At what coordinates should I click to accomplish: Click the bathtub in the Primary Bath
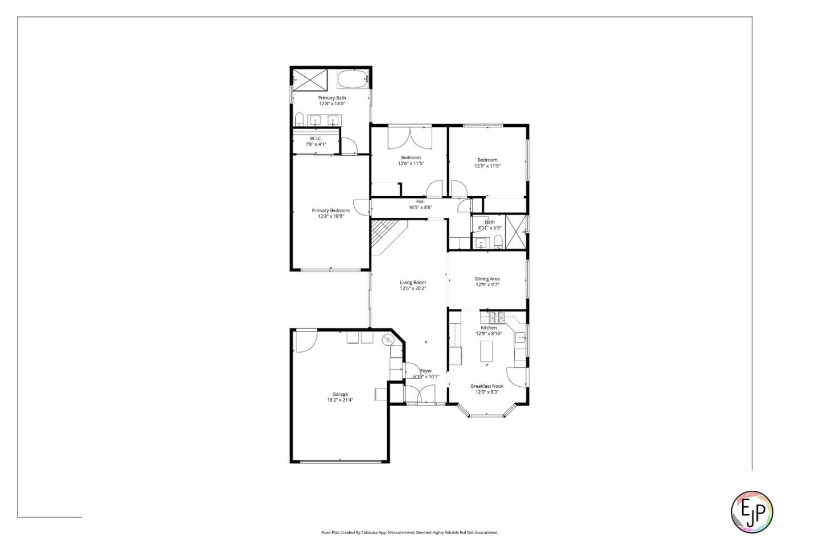[x=353, y=78]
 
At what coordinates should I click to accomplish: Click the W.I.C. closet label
[x=316, y=139]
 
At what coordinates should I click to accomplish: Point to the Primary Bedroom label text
[x=331, y=210]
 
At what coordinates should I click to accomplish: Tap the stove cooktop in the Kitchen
[x=493, y=317]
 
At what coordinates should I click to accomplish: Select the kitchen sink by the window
[x=520, y=337]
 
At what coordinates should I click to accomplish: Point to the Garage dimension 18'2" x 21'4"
[x=340, y=400]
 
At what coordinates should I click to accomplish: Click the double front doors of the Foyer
[x=419, y=394]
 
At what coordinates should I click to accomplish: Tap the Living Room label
[x=412, y=282]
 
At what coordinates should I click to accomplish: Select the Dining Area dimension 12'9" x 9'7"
[x=487, y=284]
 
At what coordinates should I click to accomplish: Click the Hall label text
[x=420, y=201]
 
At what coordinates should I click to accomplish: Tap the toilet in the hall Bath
[x=498, y=242]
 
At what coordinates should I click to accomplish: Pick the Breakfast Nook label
[x=487, y=386]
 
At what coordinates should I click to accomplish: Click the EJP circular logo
[x=751, y=511]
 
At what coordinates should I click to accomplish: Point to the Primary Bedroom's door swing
[x=361, y=207]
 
